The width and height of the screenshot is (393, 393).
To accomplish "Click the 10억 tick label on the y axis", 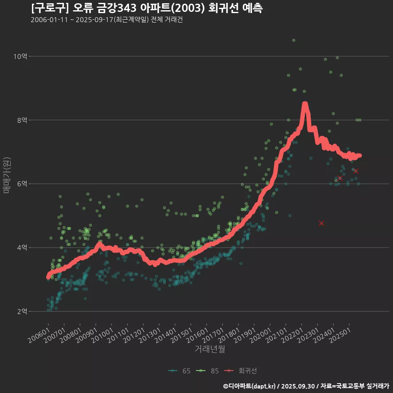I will click(x=20, y=56).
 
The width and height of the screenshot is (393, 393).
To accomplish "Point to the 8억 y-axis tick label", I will click(x=22, y=120).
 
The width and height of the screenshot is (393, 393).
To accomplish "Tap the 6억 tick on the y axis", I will click(x=22, y=184).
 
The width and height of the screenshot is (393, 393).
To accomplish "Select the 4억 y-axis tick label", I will click(x=22, y=248).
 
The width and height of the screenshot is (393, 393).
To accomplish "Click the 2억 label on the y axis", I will click(x=22, y=312).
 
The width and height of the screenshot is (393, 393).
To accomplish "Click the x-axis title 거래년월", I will click(x=210, y=349).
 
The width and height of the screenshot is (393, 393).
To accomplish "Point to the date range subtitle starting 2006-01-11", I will click(x=106, y=20).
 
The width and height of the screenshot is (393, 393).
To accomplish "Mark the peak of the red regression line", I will click(x=305, y=104).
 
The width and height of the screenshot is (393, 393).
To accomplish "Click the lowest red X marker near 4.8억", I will click(x=321, y=223).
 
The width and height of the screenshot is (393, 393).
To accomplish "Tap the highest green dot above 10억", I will click(x=294, y=40).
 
